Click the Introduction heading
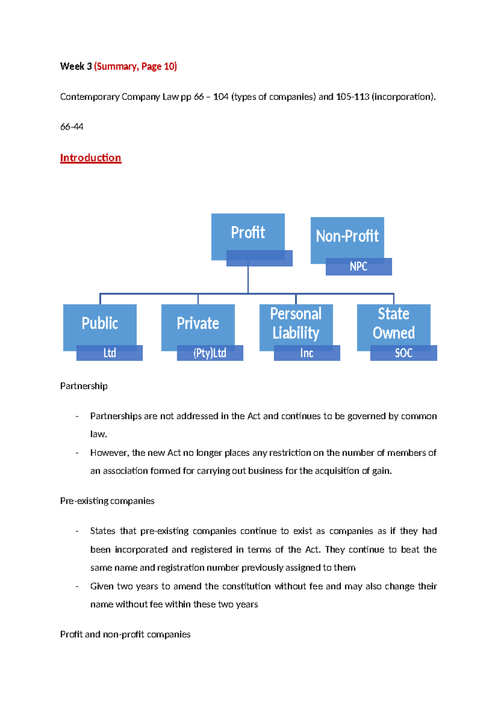coord(90,158)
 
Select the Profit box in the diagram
coord(248,233)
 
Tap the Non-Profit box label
coord(347,236)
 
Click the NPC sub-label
coord(359,267)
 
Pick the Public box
coord(100,323)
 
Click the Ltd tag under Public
coord(110,353)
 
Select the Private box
coord(198,323)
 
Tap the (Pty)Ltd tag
coord(210,353)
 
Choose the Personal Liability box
coord(295,323)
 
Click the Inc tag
coord(307,353)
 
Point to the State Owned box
coord(393,323)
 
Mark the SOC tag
coord(403,353)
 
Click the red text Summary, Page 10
coord(136,66)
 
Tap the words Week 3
coord(76,66)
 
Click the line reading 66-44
coord(72,127)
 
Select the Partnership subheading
coord(84,386)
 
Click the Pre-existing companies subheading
coord(107,501)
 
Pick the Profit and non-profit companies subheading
coord(125,634)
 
